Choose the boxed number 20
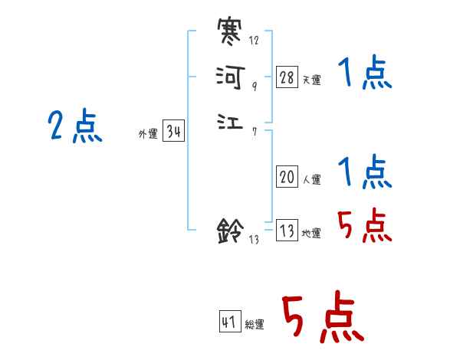287,177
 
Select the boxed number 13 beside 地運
287,231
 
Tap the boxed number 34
173,132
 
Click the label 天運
311,80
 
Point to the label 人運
311,180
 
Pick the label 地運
311,234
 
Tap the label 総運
255,325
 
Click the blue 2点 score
75,126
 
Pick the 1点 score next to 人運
365,172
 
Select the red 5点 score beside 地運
365,226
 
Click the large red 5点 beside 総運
322,317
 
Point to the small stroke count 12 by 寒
254,40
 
